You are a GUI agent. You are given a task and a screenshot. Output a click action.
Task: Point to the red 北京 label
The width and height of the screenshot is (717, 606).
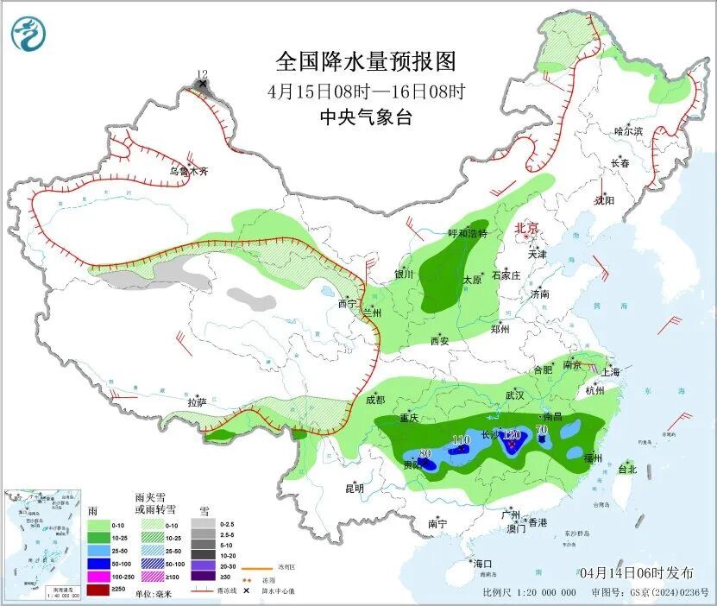click(526, 228)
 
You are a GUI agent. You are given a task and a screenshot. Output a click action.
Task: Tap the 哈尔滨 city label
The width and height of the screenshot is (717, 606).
click(628, 131)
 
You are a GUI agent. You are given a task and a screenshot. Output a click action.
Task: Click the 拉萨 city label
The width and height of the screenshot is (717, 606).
click(198, 401)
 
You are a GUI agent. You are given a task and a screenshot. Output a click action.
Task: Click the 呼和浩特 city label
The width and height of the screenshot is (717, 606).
click(467, 234)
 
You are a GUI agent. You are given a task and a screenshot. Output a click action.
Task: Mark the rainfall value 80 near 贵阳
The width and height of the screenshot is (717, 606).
click(425, 453)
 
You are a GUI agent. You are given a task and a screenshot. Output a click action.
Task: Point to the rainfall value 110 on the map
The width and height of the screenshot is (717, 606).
click(461, 440)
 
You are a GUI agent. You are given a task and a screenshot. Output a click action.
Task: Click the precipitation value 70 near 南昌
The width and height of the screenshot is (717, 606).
click(542, 429)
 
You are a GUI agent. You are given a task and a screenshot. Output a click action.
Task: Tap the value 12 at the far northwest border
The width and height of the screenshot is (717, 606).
click(202, 75)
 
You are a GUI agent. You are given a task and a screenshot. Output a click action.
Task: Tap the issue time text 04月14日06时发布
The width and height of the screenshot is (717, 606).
click(636, 572)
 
